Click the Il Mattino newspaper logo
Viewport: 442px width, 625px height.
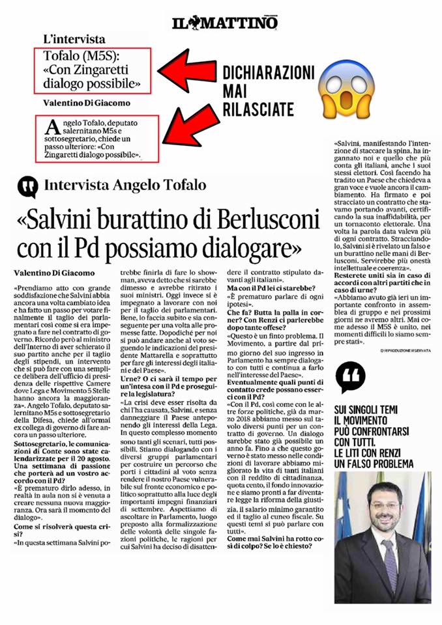tap(225, 23)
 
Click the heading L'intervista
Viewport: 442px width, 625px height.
tap(74, 39)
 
